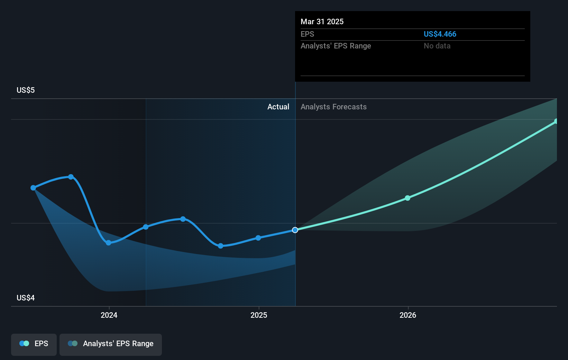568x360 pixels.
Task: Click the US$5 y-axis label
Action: click(26, 90)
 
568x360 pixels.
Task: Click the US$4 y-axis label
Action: click(26, 298)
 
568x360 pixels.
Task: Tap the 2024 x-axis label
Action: click(109, 315)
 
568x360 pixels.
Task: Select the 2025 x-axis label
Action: click(259, 315)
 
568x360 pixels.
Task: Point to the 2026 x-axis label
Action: click(408, 315)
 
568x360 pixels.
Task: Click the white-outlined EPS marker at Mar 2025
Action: click(295, 230)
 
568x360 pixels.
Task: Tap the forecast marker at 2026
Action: click(407, 198)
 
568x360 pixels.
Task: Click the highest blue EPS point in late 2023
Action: click(71, 177)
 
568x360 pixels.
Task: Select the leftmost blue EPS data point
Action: click(33, 188)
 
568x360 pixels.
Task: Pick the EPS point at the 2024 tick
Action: click(109, 243)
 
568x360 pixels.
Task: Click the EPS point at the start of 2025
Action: click(258, 238)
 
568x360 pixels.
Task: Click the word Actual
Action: click(278, 107)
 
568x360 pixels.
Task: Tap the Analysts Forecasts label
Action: click(333, 107)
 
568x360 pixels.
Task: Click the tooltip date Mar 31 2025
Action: click(322, 22)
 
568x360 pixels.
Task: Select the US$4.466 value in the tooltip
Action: click(440, 34)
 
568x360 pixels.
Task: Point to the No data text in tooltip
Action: click(437, 46)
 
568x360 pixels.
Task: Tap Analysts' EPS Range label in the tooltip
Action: click(336, 46)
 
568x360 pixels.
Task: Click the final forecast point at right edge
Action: click(556, 121)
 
